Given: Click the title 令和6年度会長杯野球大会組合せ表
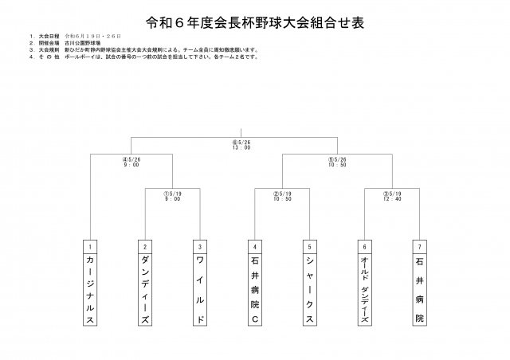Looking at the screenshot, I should tap(255, 19).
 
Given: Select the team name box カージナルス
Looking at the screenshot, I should tap(92, 289).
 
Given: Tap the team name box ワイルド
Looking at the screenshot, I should tap(200, 289).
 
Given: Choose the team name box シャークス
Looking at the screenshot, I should tap(308, 289).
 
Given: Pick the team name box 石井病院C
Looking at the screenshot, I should tap(254, 289).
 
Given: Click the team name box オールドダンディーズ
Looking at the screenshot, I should tap(363, 289).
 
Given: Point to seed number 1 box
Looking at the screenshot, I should tap(92, 246).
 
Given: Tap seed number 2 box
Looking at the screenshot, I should tap(146, 246).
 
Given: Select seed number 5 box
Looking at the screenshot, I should tap(308, 246).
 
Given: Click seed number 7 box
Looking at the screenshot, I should tap(418, 246).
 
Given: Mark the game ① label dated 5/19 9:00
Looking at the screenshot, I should tap(173, 196).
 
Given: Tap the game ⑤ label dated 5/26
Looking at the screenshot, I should tap(336, 162).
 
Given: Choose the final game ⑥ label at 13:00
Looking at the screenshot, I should tap(241, 146).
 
